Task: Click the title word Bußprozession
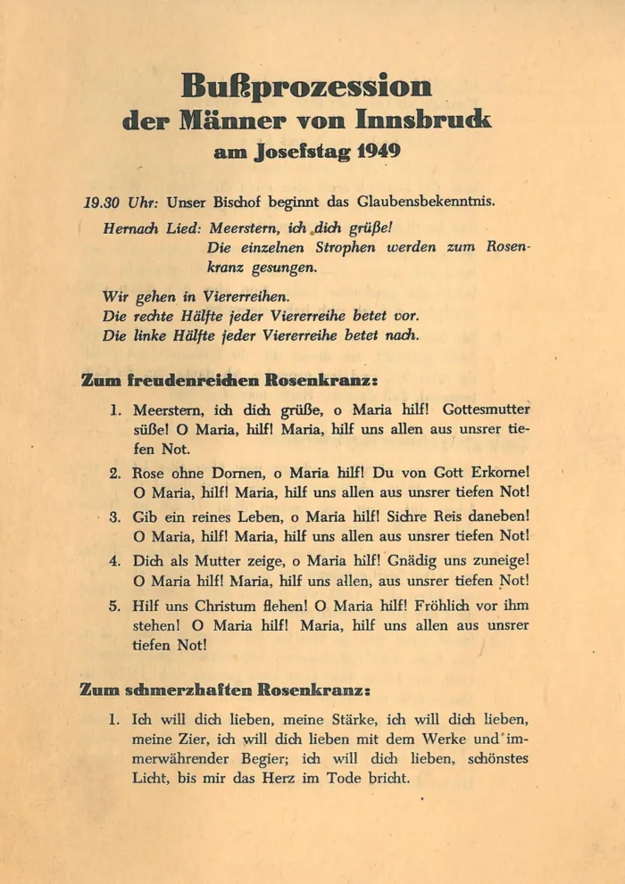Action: (x=306, y=87)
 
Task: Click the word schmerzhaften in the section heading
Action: (x=187, y=690)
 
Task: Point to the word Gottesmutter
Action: (x=486, y=411)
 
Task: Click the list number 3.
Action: (x=115, y=516)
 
